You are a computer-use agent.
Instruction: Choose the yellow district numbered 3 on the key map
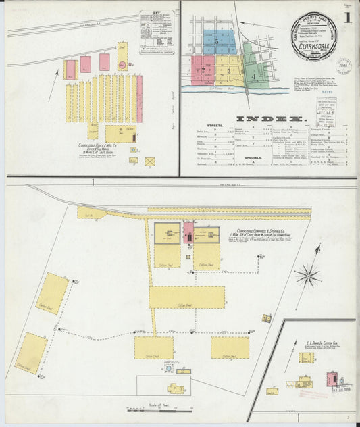click(x=229, y=70)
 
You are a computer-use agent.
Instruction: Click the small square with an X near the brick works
click(x=149, y=161)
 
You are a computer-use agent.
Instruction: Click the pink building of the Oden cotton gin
click(x=332, y=379)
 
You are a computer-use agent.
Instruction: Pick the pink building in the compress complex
click(x=188, y=234)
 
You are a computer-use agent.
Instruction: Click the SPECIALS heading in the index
click(x=233, y=156)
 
